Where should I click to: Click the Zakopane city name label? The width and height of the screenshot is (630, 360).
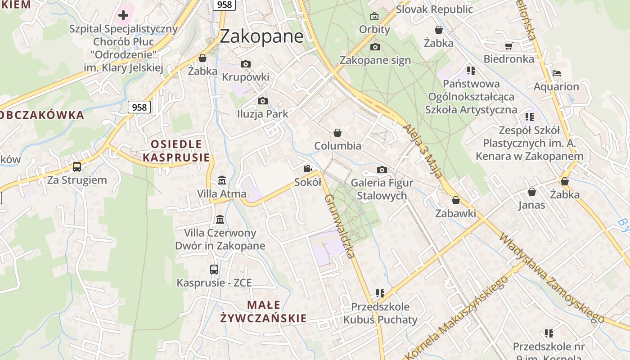(x=261, y=36)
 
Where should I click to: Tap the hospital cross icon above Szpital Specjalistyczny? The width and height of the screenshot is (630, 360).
(x=123, y=15)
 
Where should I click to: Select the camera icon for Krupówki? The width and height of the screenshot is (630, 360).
(x=245, y=64)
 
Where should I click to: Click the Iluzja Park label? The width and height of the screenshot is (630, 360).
(x=262, y=114)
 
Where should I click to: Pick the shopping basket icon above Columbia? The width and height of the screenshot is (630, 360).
(x=337, y=133)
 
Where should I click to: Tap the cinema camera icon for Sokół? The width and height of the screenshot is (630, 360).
(x=307, y=169)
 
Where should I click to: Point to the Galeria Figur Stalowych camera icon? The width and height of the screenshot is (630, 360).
(x=382, y=170)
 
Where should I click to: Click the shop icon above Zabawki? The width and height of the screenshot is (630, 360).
(x=455, y=200)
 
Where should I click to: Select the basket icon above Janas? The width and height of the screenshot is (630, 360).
(x=531, y=192)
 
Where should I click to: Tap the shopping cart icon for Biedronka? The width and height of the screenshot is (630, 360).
(x=508, y=46)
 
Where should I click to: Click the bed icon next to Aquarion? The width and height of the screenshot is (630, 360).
(x=556, y=73)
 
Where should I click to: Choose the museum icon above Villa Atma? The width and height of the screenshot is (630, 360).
(x=221, y=180)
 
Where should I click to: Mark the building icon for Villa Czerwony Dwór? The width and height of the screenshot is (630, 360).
(x=220, y=220)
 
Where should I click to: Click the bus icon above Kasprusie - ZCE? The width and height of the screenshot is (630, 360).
(x=214, y=270)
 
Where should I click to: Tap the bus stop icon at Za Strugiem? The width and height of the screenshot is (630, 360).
(x=77, y=167)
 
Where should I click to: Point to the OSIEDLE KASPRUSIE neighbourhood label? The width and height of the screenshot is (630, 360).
(x=176, y=151)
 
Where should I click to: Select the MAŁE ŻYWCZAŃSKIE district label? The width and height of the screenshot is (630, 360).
(x=263, y=312)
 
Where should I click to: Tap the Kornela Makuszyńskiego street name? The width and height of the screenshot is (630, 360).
(x=458, y=318)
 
